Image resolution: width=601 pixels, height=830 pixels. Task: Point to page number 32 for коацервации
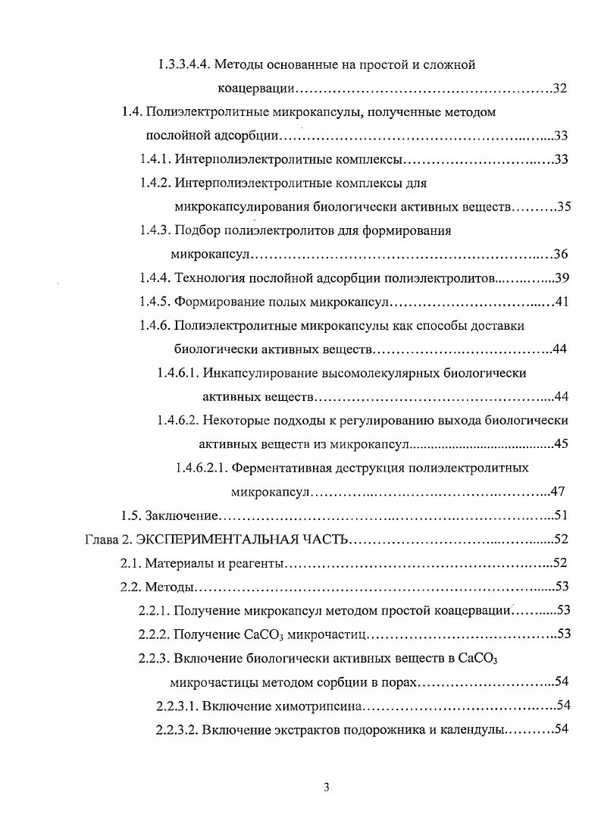561,89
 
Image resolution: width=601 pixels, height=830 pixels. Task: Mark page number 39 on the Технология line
562,277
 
